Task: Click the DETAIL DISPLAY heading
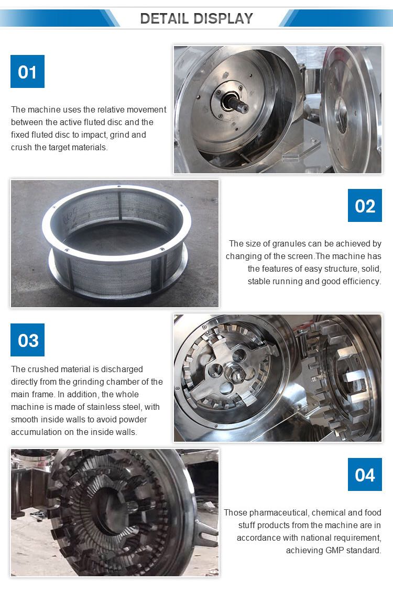point(196,19)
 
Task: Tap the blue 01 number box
point(27,72)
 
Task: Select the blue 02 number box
point(365,206)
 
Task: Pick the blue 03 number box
point(27,340)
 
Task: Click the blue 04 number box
point(365,475)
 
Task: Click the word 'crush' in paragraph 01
point(22,147)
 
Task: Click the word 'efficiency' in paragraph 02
point(362,281)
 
